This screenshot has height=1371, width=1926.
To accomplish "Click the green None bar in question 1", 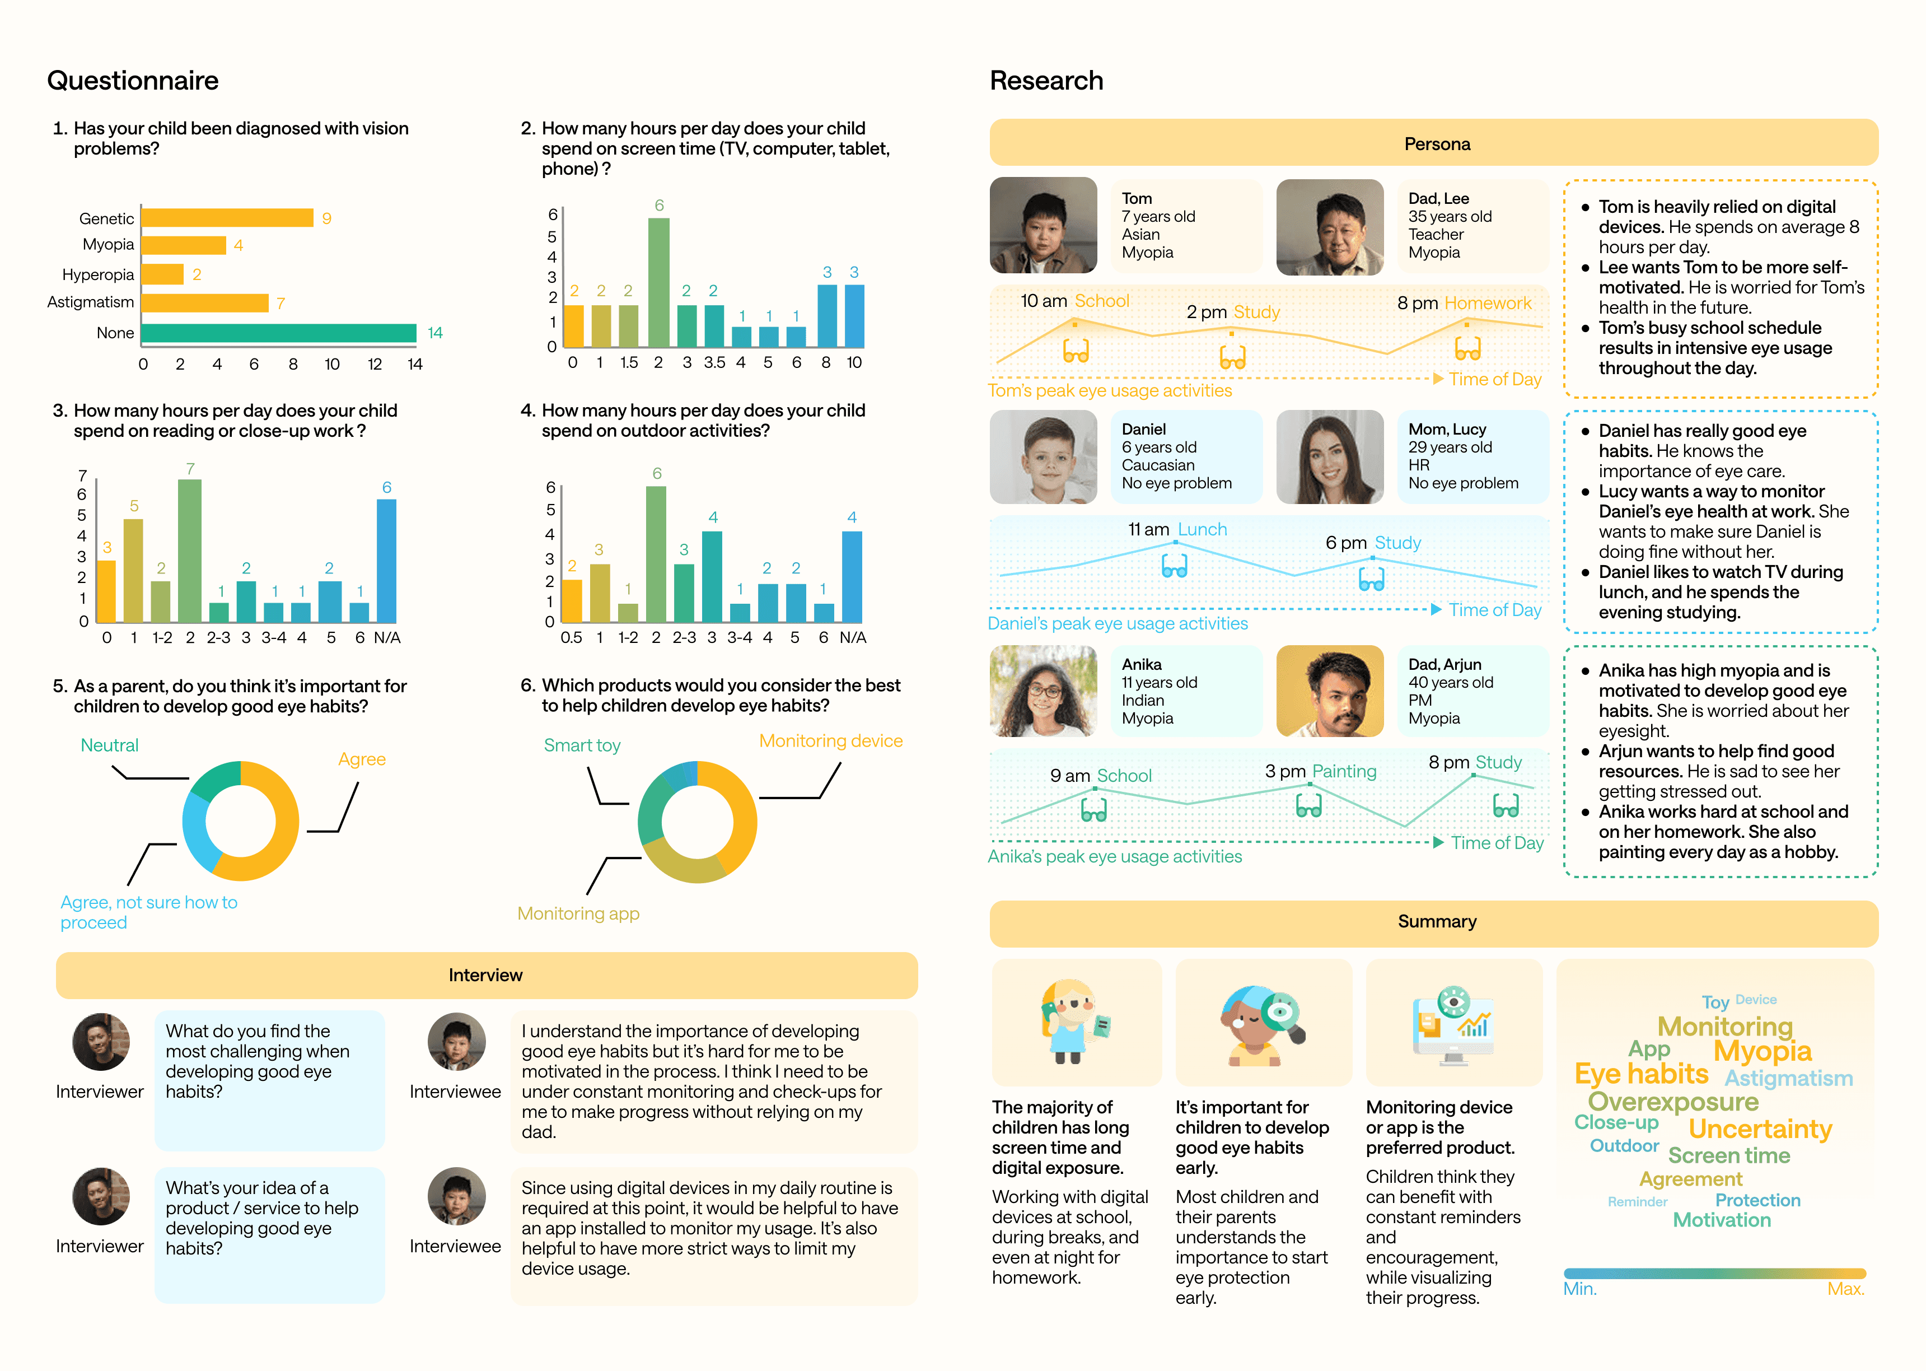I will point(278,333).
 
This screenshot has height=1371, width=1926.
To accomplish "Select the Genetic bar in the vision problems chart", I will point(227,218).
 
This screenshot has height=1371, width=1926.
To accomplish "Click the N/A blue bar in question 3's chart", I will point(386,561).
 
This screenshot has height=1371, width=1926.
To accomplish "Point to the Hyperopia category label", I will point(98,274).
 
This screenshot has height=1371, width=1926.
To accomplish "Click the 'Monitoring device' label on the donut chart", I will point(830,740).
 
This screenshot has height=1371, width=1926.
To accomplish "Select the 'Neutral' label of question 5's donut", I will point(110,745).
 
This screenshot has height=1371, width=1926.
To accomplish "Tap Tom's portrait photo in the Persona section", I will point(1043,225).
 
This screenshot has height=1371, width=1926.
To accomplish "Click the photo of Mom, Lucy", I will point(1329,456).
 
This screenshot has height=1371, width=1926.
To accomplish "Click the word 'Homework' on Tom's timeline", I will point(1487,303).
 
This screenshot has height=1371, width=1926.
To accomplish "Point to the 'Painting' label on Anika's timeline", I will point(1344,771).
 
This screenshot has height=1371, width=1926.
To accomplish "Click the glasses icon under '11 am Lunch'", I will point(1174,566).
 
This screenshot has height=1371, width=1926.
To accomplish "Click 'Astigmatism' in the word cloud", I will point(1788,1078).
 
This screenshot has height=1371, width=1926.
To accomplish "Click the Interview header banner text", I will point(485,975).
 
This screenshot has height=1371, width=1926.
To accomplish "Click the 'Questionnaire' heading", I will point(133,80).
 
